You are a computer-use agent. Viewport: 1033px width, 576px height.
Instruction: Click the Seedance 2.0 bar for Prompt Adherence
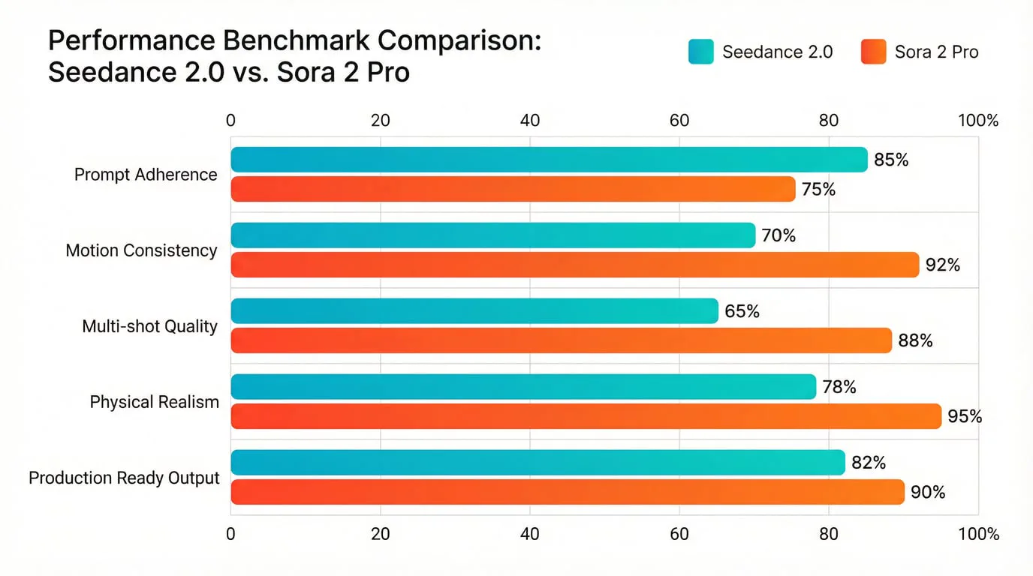coord(548,160)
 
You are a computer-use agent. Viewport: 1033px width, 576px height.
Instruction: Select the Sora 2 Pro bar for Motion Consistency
coord(574,265)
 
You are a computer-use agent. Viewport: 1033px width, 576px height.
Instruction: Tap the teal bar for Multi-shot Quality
coord(474,311)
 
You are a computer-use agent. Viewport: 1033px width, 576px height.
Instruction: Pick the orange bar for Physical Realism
coord(586,416)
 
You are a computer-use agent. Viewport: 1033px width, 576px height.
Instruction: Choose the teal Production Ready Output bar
coord(538,462)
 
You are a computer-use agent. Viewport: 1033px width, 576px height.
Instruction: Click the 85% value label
coord(891,160)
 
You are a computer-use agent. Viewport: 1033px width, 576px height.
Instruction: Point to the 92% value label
coord(942,265)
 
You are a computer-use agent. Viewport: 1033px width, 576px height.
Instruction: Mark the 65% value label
coord(742,311)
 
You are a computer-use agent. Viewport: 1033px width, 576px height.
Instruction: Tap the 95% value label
coord(965,416)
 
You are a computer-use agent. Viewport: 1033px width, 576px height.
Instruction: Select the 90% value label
coord(927,493)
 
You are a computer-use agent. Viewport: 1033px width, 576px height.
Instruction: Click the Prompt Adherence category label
coord(146,175)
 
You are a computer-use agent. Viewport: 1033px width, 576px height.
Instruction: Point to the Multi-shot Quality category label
coord(149,326)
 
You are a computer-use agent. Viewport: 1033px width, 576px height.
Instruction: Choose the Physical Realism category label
coord(154,402)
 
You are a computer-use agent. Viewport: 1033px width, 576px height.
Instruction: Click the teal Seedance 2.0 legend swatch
coord(701,52)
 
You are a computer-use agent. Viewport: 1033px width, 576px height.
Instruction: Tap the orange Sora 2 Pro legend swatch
coord(874,52)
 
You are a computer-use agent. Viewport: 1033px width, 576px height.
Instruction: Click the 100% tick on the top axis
coord(977,121)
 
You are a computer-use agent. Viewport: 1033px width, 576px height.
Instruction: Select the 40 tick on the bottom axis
coord(530,534)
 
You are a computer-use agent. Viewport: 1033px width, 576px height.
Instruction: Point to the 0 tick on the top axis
coord(230,121)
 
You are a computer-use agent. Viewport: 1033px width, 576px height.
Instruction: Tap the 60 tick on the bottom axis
coord(679,534)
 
